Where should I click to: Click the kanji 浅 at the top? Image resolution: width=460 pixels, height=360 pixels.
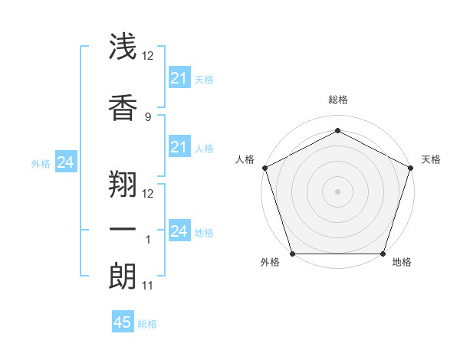(x=123, y=47)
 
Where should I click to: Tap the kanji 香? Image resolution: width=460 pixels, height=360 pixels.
(x=123, y=105)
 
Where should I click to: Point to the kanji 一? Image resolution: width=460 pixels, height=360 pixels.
(x=123, y=230)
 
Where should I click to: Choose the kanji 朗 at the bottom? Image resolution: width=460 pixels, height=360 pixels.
(x=123, y=277)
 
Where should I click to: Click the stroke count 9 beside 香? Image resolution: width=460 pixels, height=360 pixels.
(x=148, y=116)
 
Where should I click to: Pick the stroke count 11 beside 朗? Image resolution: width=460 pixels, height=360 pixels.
(x=148, y=286)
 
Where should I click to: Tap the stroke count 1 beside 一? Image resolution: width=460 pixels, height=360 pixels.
(x=148, y=240)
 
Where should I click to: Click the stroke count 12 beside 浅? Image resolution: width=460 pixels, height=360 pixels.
(x=148, y=56)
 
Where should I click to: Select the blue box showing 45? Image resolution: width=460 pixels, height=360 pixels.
(x=123, y=322)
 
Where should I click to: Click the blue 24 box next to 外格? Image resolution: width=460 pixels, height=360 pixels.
(x=65, y=162)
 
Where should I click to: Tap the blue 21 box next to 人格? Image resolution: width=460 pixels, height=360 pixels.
(x=179, y=147)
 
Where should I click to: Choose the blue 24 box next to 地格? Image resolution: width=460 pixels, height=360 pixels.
(x=179, y=231)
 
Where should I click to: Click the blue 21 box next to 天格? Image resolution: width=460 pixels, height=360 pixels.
(x=179, y=77)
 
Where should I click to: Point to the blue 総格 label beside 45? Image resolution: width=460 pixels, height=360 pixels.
(x=147, y=324)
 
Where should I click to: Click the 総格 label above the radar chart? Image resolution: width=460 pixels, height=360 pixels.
(x=337, y=100)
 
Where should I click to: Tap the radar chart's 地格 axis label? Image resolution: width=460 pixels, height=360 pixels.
(x=402, y=263)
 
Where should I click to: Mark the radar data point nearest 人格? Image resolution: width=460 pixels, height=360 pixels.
(x=264, y=168)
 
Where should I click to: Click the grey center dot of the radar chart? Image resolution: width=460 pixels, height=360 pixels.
(x=337, y=191)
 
